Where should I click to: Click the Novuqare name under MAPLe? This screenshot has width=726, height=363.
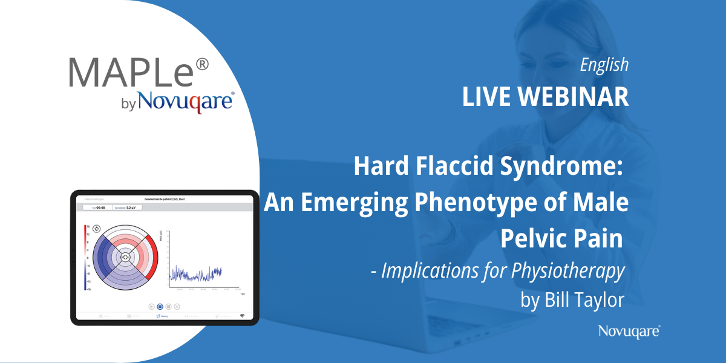185,101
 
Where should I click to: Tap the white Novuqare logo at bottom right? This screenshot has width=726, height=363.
629,330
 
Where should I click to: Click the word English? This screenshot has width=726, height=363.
604,65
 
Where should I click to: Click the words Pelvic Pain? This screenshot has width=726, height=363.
561,238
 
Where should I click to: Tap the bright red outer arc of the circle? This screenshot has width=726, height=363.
154,257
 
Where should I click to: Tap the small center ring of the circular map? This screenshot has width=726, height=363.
125,257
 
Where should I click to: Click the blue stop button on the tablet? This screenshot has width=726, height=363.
160,307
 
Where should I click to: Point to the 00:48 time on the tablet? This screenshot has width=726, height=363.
100,207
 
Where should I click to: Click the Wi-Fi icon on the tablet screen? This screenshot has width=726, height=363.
242,316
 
